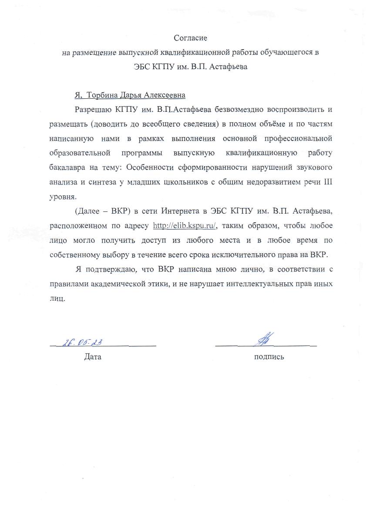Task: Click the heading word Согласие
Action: click(188, 39)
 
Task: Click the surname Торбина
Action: click(102, 95)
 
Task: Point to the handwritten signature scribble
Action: click(264, 339)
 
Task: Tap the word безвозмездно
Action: click(245, 109)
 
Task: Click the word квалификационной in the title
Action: click(204, 53)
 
